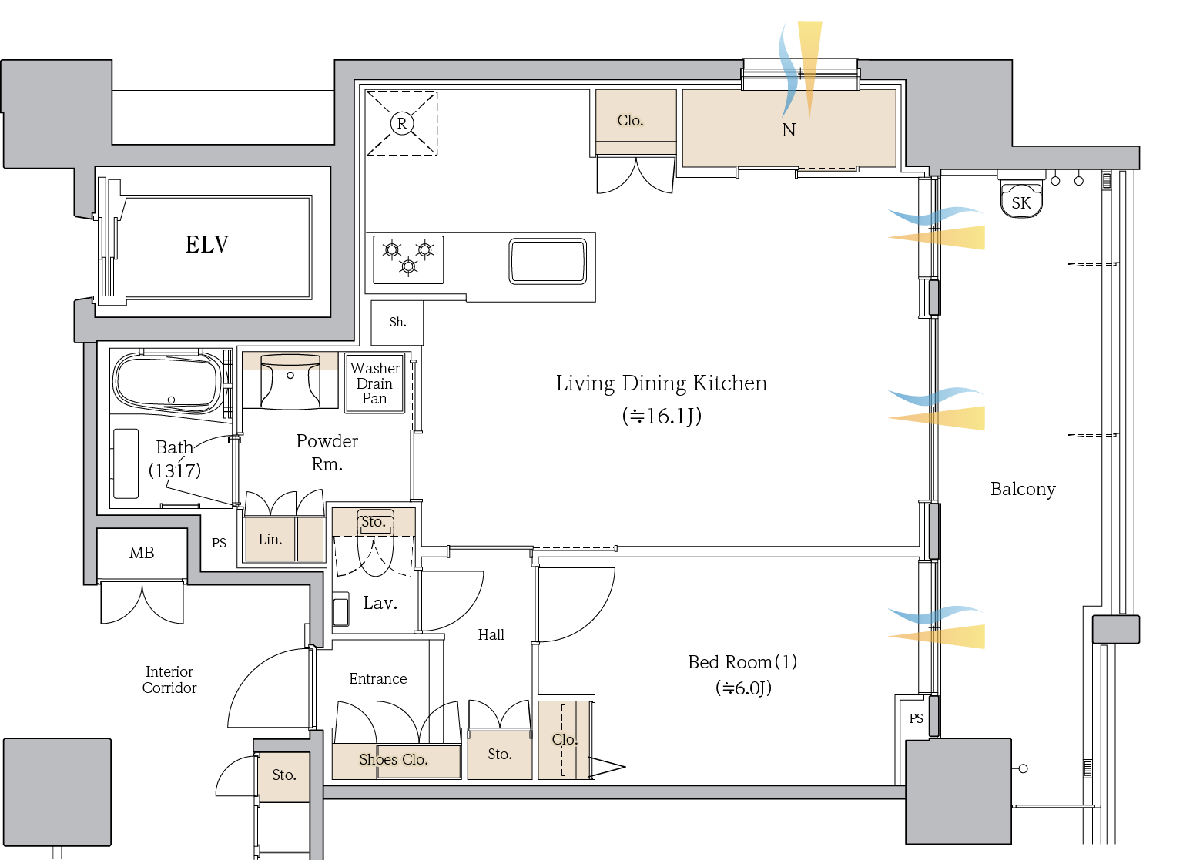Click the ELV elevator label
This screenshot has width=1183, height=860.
pos(206,245)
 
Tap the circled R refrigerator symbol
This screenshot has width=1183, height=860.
pos(401,123)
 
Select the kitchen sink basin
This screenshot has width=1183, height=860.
pos(548,261)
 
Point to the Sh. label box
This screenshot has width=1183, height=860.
pos(397,322)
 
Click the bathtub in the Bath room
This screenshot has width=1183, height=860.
pos(168,382)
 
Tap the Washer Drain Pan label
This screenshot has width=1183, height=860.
pos(375,383)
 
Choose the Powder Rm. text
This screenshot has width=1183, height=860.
pos(327,452)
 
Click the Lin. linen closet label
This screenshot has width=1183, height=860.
pos(270,539)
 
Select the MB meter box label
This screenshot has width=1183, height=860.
pos(142,553)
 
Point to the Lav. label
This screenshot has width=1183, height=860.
pos(380,603)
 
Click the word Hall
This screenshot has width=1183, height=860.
pos(491,634)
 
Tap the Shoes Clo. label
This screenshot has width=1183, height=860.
pos(394,759)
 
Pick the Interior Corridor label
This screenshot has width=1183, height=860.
pos(169,680)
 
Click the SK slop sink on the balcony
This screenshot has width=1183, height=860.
pos(1021,202)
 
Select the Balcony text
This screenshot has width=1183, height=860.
pos(1023,489)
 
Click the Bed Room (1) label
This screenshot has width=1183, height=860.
pos(742,661)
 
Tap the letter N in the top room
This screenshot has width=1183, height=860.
pos(789,130)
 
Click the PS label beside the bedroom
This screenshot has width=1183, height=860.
pos(916,718)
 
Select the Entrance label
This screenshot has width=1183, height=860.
pos(377,678)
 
